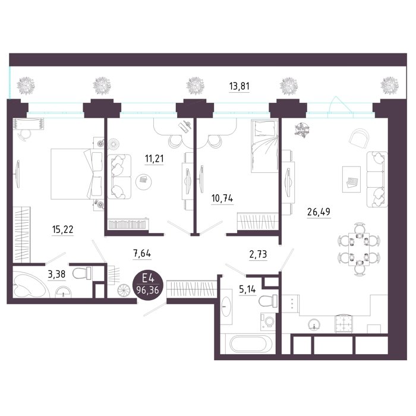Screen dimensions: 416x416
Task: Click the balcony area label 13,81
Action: (239, 86)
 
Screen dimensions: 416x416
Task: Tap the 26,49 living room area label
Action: (319, 212)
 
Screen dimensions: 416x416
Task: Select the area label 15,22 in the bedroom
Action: (62, 229)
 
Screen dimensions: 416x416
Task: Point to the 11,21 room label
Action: (154, 159)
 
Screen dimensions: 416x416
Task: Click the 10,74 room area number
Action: (222, 198)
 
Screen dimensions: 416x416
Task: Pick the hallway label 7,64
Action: (142, 254)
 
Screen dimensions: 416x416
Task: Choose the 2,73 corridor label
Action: (258, 254)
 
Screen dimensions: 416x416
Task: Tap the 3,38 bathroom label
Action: (56, 274)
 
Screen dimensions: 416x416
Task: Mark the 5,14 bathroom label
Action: (247, 289)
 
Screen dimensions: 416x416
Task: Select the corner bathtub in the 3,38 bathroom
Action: (30, 283)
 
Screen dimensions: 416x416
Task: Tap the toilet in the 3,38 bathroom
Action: (81, 273)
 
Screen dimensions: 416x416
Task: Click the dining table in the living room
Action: (359, 249)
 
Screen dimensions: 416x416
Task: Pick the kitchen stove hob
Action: (344, 323)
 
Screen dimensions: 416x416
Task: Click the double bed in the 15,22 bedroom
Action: (77, 174)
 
